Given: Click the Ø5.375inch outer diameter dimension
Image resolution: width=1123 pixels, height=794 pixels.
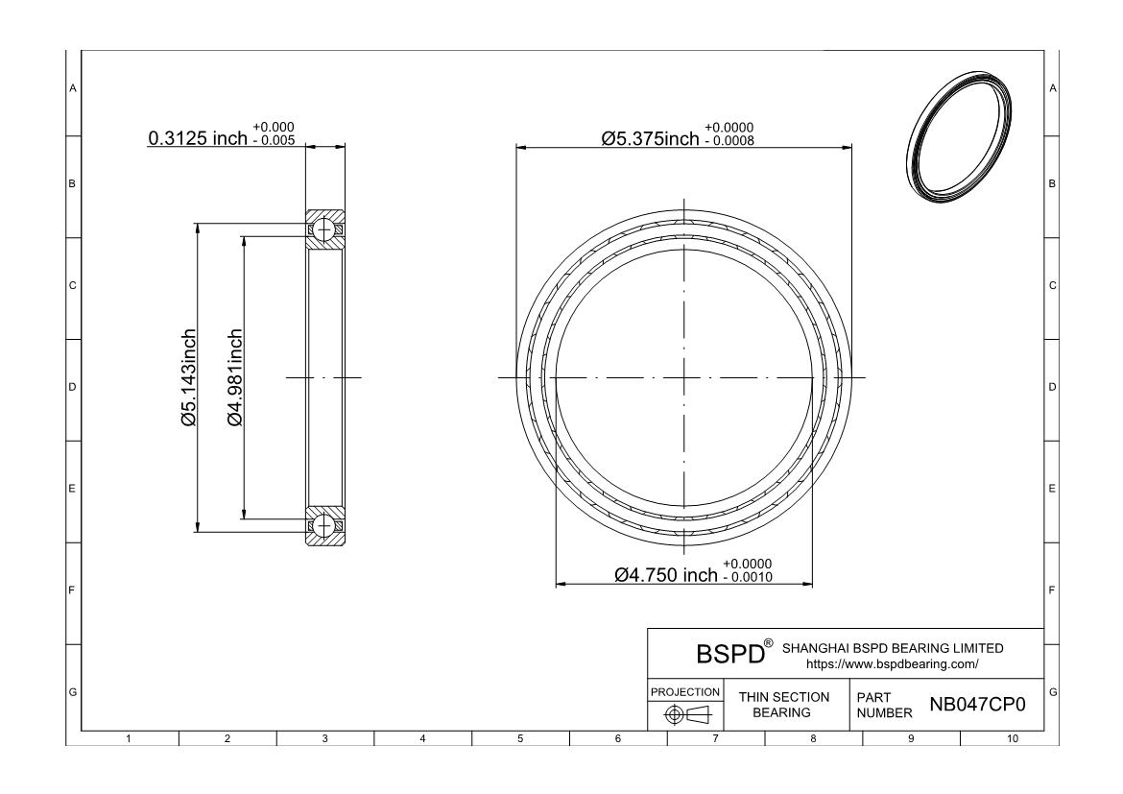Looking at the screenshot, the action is pos(651,138).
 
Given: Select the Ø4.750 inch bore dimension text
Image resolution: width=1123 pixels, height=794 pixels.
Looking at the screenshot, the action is pos(666,575).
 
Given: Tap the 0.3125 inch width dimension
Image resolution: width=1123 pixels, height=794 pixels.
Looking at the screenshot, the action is pos(198,137).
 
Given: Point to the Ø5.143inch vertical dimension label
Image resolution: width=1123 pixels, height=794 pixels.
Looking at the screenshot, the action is pos(188,377).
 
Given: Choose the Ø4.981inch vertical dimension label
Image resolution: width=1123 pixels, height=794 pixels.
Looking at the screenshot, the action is pos(235,377).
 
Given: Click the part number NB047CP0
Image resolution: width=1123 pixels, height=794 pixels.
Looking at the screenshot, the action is pos(977,705).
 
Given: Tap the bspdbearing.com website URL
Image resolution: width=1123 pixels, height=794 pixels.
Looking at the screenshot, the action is pos(893,664).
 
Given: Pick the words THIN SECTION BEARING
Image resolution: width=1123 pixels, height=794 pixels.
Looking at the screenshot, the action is pos(783,705).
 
